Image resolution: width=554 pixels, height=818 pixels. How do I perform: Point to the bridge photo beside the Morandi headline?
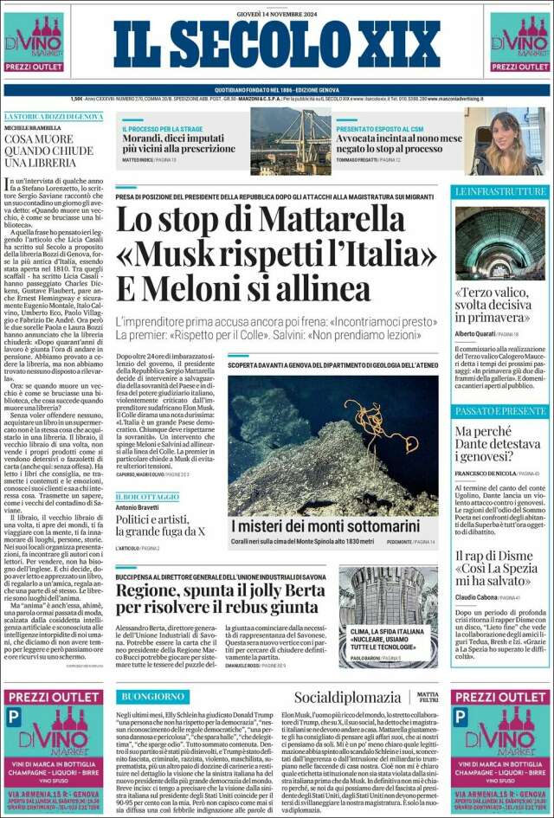tap(290, 138)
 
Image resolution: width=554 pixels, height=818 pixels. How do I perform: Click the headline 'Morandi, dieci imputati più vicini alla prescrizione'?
tap(177, 143)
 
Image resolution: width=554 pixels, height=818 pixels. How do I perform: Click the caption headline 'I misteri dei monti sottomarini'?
tap(325, 525)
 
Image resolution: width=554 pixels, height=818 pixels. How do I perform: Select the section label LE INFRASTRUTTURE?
tap(500, 190)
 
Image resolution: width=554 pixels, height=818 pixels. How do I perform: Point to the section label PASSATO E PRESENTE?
tap(500, 410)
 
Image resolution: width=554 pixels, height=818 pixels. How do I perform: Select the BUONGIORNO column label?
tap(153, 696)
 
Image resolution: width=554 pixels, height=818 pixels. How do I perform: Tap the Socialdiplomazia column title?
tap(347, 697)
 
